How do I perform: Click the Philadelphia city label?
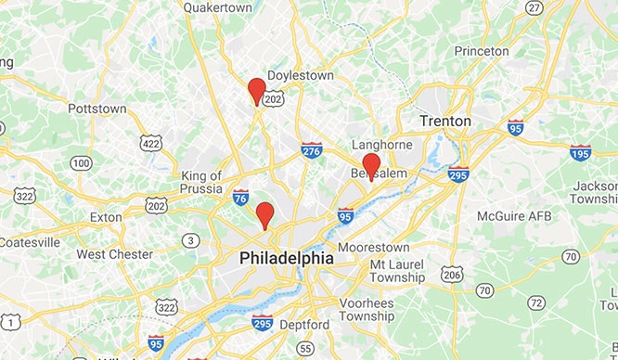(286, 257)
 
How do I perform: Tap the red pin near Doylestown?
(257, 91)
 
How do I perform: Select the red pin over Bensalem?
(371, 166)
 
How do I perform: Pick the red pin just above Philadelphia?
(264, 214)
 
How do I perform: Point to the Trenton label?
(444, 122)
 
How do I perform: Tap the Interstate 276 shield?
(312, 150)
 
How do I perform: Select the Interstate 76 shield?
(240, 196)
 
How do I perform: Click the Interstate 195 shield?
(580, 151)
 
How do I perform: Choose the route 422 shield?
(151, 142)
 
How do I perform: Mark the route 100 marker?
(81, 163)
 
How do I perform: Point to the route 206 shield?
(452, 274)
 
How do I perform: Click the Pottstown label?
(97, 109)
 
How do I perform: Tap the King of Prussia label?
(201, 183)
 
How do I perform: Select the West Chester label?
(115, 254)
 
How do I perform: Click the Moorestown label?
(374, 248)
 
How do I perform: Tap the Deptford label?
(303, 325)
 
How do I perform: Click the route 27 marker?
(534, 8)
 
